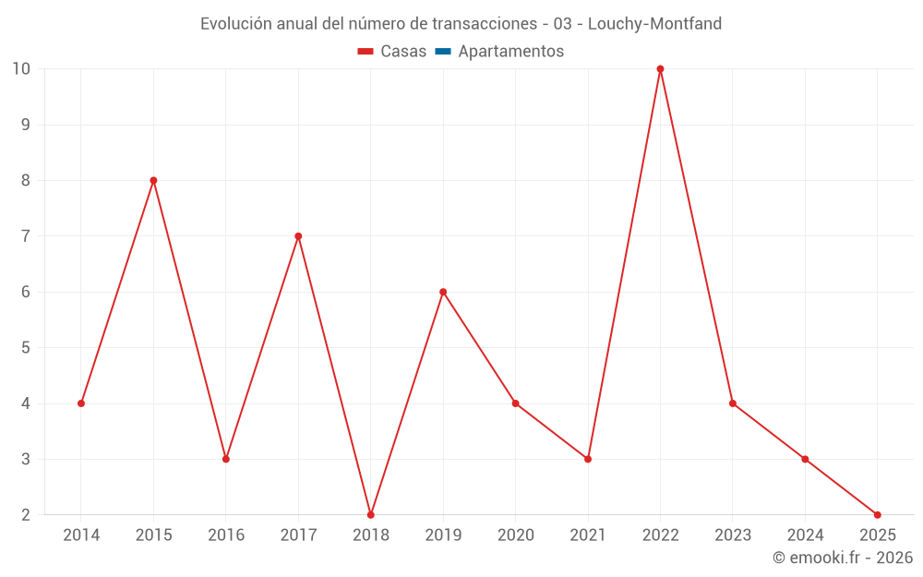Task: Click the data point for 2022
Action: (660, 69)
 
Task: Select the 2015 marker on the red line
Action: (153, 181)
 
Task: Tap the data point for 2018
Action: (370, 514)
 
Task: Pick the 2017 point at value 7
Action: (298, 236)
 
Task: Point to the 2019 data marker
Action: (443, 292)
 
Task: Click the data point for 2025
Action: (877, 514)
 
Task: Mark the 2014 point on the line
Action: (81, 403)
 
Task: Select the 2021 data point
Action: (588, 459)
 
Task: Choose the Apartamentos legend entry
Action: (510, 52)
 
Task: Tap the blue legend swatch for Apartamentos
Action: (443, 52)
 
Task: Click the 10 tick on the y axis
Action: (21, 69)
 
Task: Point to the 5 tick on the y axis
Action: (26, 348)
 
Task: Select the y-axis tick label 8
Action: (26, 181)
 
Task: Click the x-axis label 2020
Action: (515, 535)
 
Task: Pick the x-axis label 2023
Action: (732, 535)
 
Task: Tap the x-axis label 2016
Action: (226, 535)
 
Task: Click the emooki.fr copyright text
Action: (843, 558)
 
